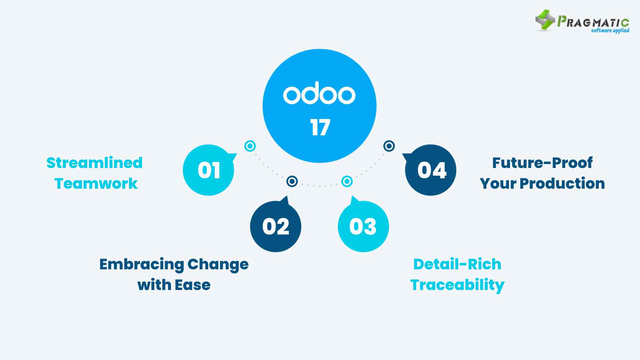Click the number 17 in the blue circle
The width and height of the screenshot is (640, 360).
coord(320,127)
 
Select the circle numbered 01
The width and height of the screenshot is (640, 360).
coord(209,170)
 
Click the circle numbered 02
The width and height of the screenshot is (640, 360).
coord(276,226)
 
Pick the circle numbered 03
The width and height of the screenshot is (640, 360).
coord(363,226)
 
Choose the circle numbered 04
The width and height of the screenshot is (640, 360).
coord(431,170)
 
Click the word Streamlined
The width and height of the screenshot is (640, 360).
coord(95,163)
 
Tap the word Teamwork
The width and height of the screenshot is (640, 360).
coord(96,184)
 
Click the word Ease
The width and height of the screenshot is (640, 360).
coord(193,285)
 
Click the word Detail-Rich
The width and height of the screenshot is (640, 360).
coord(457,264)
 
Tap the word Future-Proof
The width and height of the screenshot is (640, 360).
coord(542,163)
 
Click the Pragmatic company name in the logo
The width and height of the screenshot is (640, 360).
coord(593,22)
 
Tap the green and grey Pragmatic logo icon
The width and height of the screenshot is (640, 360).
coord(545,20)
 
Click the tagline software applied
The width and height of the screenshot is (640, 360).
coord(610,31)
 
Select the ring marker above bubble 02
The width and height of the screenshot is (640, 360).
coord(292,181)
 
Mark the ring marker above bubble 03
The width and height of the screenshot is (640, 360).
coord(347,181)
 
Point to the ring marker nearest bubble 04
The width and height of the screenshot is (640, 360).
coord(389,146)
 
